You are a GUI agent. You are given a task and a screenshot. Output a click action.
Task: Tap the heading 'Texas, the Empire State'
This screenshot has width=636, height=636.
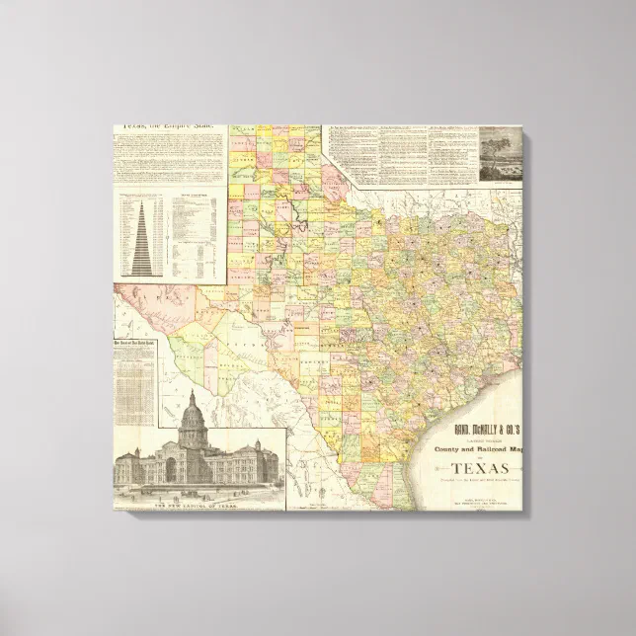(x=165, y=127)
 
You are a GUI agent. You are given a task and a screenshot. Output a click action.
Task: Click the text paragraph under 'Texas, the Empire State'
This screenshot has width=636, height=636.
(x=165, y=158)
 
